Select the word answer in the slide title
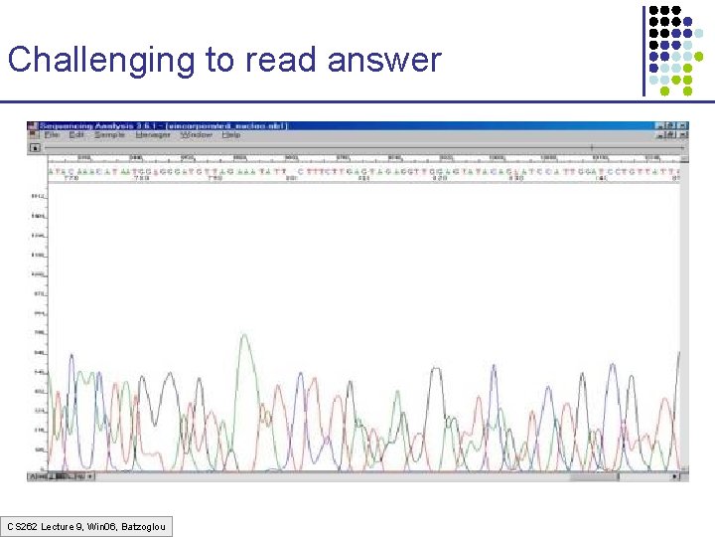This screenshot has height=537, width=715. (x=383, y=61)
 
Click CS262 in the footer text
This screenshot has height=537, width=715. (x=22, y=525)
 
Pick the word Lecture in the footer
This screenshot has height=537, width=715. (x=59, y=525)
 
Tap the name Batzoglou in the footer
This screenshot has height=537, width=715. (x=144, y=525)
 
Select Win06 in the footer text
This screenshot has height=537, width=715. (x=102, y=525)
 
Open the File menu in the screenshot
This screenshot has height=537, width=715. (x=52, y=135)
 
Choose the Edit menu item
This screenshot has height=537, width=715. (x=75, y=135)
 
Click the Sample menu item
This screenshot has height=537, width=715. (x=109, y=135)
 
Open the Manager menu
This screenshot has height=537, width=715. (x=154, y=135)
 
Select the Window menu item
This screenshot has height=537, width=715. (x=198, y=135)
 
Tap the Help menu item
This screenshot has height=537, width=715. (x=232, y=135)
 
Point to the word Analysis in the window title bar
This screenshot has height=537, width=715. (x=118, y=126)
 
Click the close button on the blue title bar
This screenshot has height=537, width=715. (x=680, y=126)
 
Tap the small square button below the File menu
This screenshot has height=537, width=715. (x=34, y=147)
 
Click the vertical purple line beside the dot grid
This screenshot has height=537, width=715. (x=643, y=50)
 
